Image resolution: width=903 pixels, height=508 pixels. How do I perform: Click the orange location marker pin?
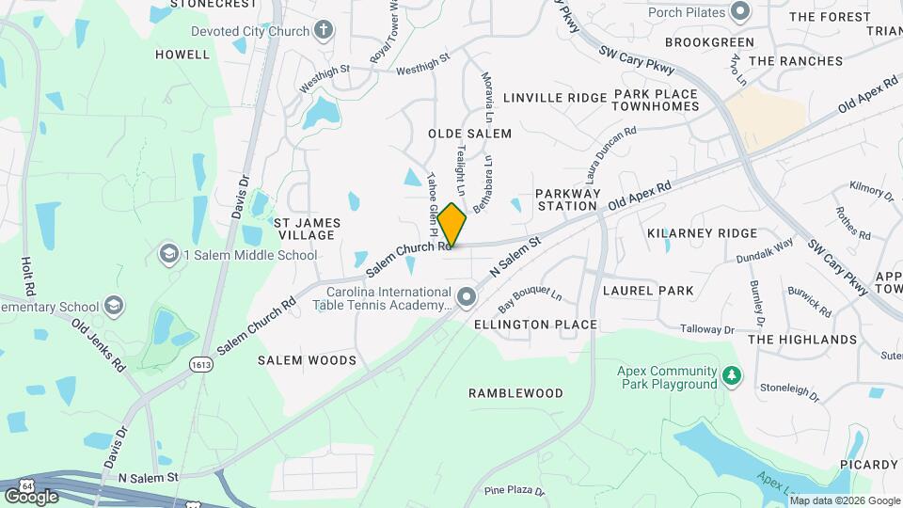[x=451, y=226]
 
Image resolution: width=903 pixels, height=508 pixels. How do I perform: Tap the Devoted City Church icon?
[x=324, y=31]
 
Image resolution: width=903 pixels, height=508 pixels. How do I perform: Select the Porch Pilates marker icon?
[x=739, y=12]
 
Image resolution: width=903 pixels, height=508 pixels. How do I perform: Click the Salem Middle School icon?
[x=169, y=254]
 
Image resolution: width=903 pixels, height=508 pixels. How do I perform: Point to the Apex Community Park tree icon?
[x=732, y=377]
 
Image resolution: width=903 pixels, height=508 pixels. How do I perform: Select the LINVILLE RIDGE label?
[x=555, y=98]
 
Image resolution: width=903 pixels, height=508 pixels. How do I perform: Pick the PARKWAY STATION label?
[x=567, y=199]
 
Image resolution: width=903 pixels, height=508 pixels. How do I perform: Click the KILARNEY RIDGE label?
[x=703, y=232]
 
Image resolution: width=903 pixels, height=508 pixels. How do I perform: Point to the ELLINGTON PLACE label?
[x=535, y=325]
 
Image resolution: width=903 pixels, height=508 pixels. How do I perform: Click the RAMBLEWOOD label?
[x=516, y=393]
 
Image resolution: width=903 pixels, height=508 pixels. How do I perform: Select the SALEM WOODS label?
[x=308, y=360]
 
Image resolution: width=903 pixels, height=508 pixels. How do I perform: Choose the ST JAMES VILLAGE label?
[x=307, y=229]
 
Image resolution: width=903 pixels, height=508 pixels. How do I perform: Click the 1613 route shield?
[x=199, y=363]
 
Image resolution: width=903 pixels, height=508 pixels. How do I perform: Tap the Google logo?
[x=31, y=495]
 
